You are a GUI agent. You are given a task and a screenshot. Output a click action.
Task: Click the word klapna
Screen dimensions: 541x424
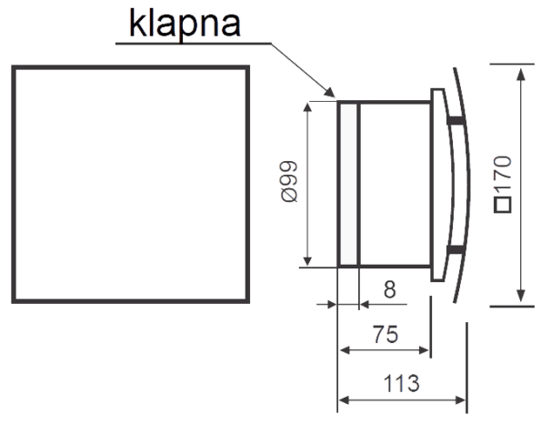point(185,24)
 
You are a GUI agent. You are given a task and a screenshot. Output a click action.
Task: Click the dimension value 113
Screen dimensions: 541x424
point(401,383)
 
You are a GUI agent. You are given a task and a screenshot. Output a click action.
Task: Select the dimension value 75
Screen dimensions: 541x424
point(386,334)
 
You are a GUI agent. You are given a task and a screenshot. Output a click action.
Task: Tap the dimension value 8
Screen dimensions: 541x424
point(389,289)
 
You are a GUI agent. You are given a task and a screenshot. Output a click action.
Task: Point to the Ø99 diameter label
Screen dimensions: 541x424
point(289,181)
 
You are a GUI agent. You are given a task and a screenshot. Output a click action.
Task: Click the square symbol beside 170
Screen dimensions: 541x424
point(503,205)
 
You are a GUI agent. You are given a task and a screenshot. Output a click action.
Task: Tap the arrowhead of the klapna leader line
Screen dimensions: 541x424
point(330,92)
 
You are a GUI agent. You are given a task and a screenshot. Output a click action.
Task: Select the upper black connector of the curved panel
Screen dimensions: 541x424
point(456,120)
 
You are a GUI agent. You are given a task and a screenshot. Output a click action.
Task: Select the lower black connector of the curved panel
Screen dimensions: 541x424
point(456,250)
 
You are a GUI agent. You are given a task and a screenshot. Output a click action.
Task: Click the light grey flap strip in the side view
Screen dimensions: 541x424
point(348,184)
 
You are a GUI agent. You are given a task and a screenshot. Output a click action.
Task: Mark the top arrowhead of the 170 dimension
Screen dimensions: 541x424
point(521,75)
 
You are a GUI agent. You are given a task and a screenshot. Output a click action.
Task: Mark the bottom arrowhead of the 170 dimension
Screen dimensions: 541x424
point(521,296)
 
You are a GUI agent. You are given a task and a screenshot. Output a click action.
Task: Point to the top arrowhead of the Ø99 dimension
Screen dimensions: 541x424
point(307,107)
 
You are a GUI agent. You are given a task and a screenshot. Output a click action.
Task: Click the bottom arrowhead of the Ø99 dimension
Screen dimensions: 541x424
point(307,261)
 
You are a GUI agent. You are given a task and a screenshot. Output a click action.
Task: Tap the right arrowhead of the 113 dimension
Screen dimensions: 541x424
point(460,400)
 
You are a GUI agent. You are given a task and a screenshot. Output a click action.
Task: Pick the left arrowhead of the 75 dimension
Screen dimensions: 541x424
point(346,350)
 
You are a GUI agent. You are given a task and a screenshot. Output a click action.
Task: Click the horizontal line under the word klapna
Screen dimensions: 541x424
point(193,44)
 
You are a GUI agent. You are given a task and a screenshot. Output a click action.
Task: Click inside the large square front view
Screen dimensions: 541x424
point(130,185)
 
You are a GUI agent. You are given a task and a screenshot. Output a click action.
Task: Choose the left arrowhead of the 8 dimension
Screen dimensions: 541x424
point(331,305)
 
